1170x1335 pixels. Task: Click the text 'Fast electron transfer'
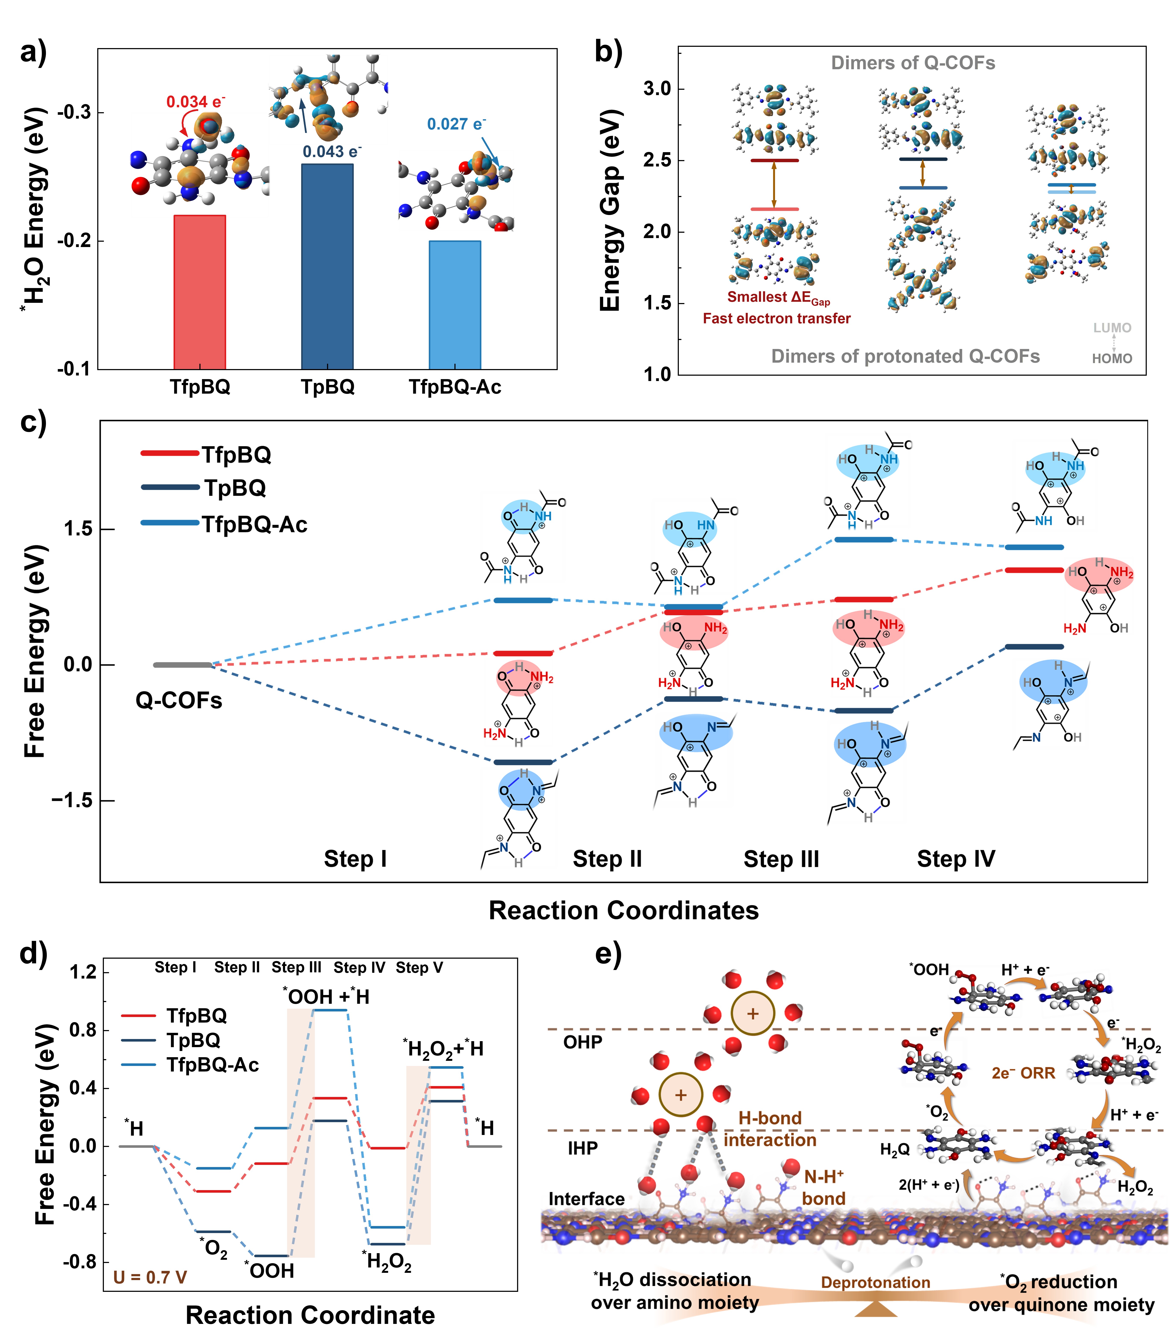pyautogui.click(x=776, y=319)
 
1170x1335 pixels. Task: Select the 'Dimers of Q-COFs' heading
pyautogui.click(x=913, y=63)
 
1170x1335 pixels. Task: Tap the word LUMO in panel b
pyautogui.click(x=1112, y=328)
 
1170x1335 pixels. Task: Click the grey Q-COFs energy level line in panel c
pyautogui.click(x=183, y=665)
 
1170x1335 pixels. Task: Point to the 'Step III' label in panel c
pyautogui.click(x=781, y=859)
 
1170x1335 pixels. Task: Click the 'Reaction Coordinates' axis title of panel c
pyautogui.click(x=623, y=910)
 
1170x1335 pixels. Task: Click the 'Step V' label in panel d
pyautogui.click(x=419, y=967)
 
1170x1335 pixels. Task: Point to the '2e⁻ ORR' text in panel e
pyautogui.click(x=1023, y=1073)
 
